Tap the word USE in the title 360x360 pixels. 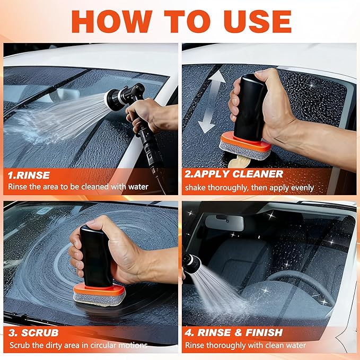253,21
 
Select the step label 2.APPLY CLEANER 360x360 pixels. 234,174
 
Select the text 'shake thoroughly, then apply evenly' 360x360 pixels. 249,187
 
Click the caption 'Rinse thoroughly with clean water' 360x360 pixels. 245,346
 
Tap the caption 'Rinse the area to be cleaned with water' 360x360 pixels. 78,187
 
